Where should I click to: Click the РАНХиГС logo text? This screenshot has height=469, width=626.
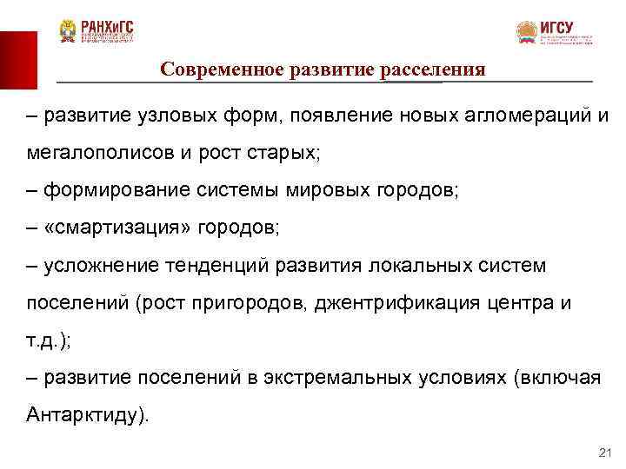pos(108,27)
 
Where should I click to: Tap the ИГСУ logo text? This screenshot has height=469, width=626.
pos(556,27)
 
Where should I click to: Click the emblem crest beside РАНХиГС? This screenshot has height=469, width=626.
pos(68,31)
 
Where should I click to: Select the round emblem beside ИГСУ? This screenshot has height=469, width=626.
pos(527,33)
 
